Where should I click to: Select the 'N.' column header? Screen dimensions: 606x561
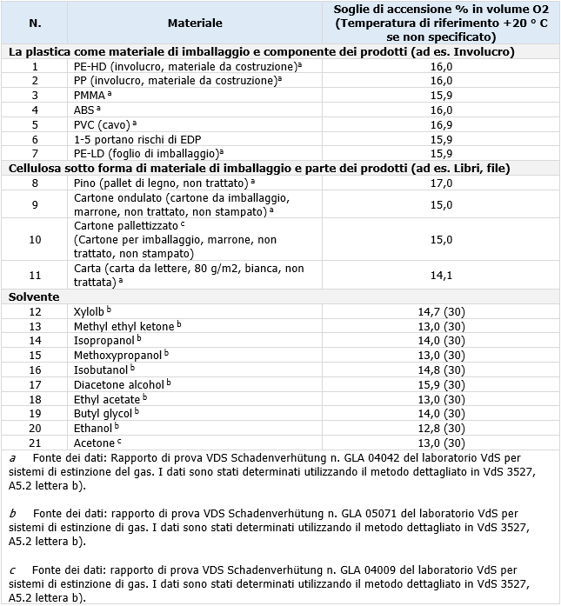35,23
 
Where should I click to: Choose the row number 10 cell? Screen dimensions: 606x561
35,239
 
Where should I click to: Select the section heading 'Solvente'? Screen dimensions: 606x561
34,296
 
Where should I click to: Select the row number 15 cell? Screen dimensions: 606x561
35,355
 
